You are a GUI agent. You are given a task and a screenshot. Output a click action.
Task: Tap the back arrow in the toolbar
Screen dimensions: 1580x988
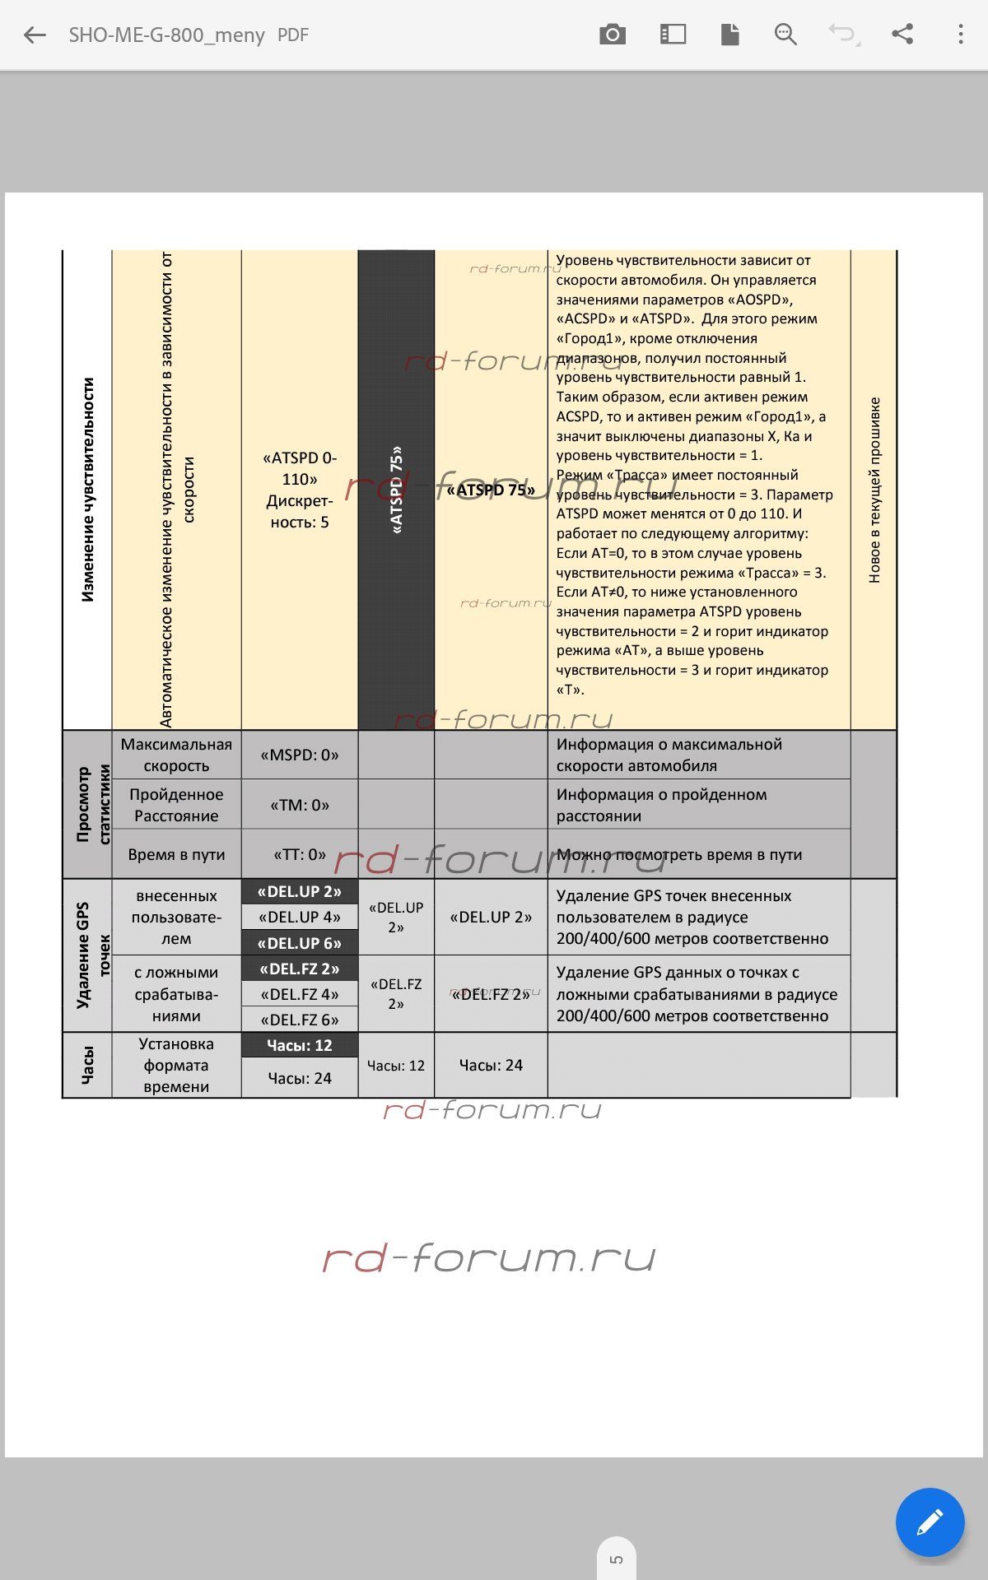pos(35,35)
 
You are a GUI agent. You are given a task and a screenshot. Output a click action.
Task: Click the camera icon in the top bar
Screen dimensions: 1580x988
pos(613,35)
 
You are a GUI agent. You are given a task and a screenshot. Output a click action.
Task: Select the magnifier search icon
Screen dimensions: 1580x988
pos(785,35)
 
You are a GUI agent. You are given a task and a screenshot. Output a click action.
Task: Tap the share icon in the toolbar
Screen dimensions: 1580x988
pos(902,35)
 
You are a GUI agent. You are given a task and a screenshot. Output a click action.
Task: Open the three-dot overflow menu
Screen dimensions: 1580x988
pos(960,35)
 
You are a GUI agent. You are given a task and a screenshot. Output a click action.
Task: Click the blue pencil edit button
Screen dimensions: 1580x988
pos(930,1522)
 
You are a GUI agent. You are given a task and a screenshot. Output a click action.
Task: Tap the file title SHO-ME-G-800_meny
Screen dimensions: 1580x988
pos(167,35)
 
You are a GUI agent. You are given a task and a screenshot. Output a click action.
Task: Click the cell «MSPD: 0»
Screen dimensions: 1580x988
pos(300,755)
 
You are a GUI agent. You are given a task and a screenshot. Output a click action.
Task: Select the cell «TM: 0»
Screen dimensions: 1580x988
pos(300,806)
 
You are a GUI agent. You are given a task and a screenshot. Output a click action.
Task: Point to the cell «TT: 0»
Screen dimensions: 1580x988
pos(300,855)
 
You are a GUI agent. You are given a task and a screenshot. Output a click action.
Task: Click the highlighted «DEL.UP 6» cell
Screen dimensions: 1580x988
pos(300,944)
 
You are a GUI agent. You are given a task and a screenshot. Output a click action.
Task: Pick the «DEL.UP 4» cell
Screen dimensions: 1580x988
pos(300,918)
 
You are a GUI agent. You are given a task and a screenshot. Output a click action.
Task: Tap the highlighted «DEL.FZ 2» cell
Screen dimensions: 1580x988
pos(300,969)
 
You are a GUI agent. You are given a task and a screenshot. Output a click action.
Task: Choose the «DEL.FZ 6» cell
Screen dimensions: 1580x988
pos(300,1020)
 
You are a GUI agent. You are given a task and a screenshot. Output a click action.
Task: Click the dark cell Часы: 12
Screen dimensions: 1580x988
pos(300,1046)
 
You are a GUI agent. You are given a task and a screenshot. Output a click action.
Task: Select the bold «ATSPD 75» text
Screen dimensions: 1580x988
pos(491,490)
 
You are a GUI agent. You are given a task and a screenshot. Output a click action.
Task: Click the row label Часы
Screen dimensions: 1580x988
pos(87,1066)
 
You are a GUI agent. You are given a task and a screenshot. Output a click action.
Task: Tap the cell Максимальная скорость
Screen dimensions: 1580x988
pos(176,755)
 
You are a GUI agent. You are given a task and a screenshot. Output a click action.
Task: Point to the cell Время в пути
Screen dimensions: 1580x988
pos(176,855)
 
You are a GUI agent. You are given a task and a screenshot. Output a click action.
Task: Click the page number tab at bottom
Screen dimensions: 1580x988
pos(617,1559)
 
